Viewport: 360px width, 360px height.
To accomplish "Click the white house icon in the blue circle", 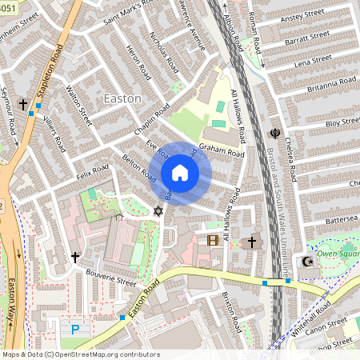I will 180,173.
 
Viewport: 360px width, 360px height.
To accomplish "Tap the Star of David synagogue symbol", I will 158,211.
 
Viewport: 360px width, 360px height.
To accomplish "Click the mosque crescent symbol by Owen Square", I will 306,262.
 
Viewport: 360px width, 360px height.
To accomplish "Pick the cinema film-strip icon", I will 213,239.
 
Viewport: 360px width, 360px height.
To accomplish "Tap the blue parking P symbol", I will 76,329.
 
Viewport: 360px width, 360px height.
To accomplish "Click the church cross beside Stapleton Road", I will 23,104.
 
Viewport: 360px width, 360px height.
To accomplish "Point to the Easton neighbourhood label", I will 122,98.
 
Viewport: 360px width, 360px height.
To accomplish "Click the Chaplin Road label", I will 151,118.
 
